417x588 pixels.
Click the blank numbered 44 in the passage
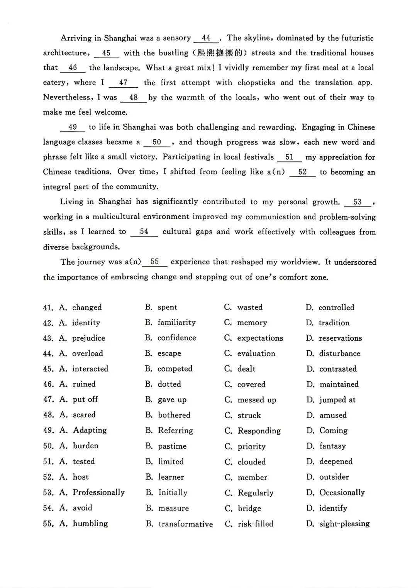(x=206, y=38)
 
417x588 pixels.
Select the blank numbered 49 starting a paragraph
(x=73, y=127)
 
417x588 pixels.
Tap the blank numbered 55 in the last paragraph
(x=154, y=262)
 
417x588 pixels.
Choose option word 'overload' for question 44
(x=88, y=353)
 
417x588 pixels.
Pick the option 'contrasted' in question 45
(x=338, y=369)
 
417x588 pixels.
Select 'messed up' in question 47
(x=257, y=400)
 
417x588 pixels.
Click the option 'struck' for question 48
(x=249, y=415)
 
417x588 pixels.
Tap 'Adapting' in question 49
(x=90, y=430)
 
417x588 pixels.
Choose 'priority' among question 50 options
(x=251, y=446)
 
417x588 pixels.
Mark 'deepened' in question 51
(x=336, y=461)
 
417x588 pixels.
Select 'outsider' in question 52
(x=334, y=477)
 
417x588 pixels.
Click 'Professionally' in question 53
(x=99, y=492)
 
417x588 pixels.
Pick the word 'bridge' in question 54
(x=249, y=509)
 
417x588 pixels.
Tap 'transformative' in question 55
(x=185, y=524)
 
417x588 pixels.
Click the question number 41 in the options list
(x=48, y=308)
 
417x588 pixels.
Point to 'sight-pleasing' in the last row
(x=344, y=524)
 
